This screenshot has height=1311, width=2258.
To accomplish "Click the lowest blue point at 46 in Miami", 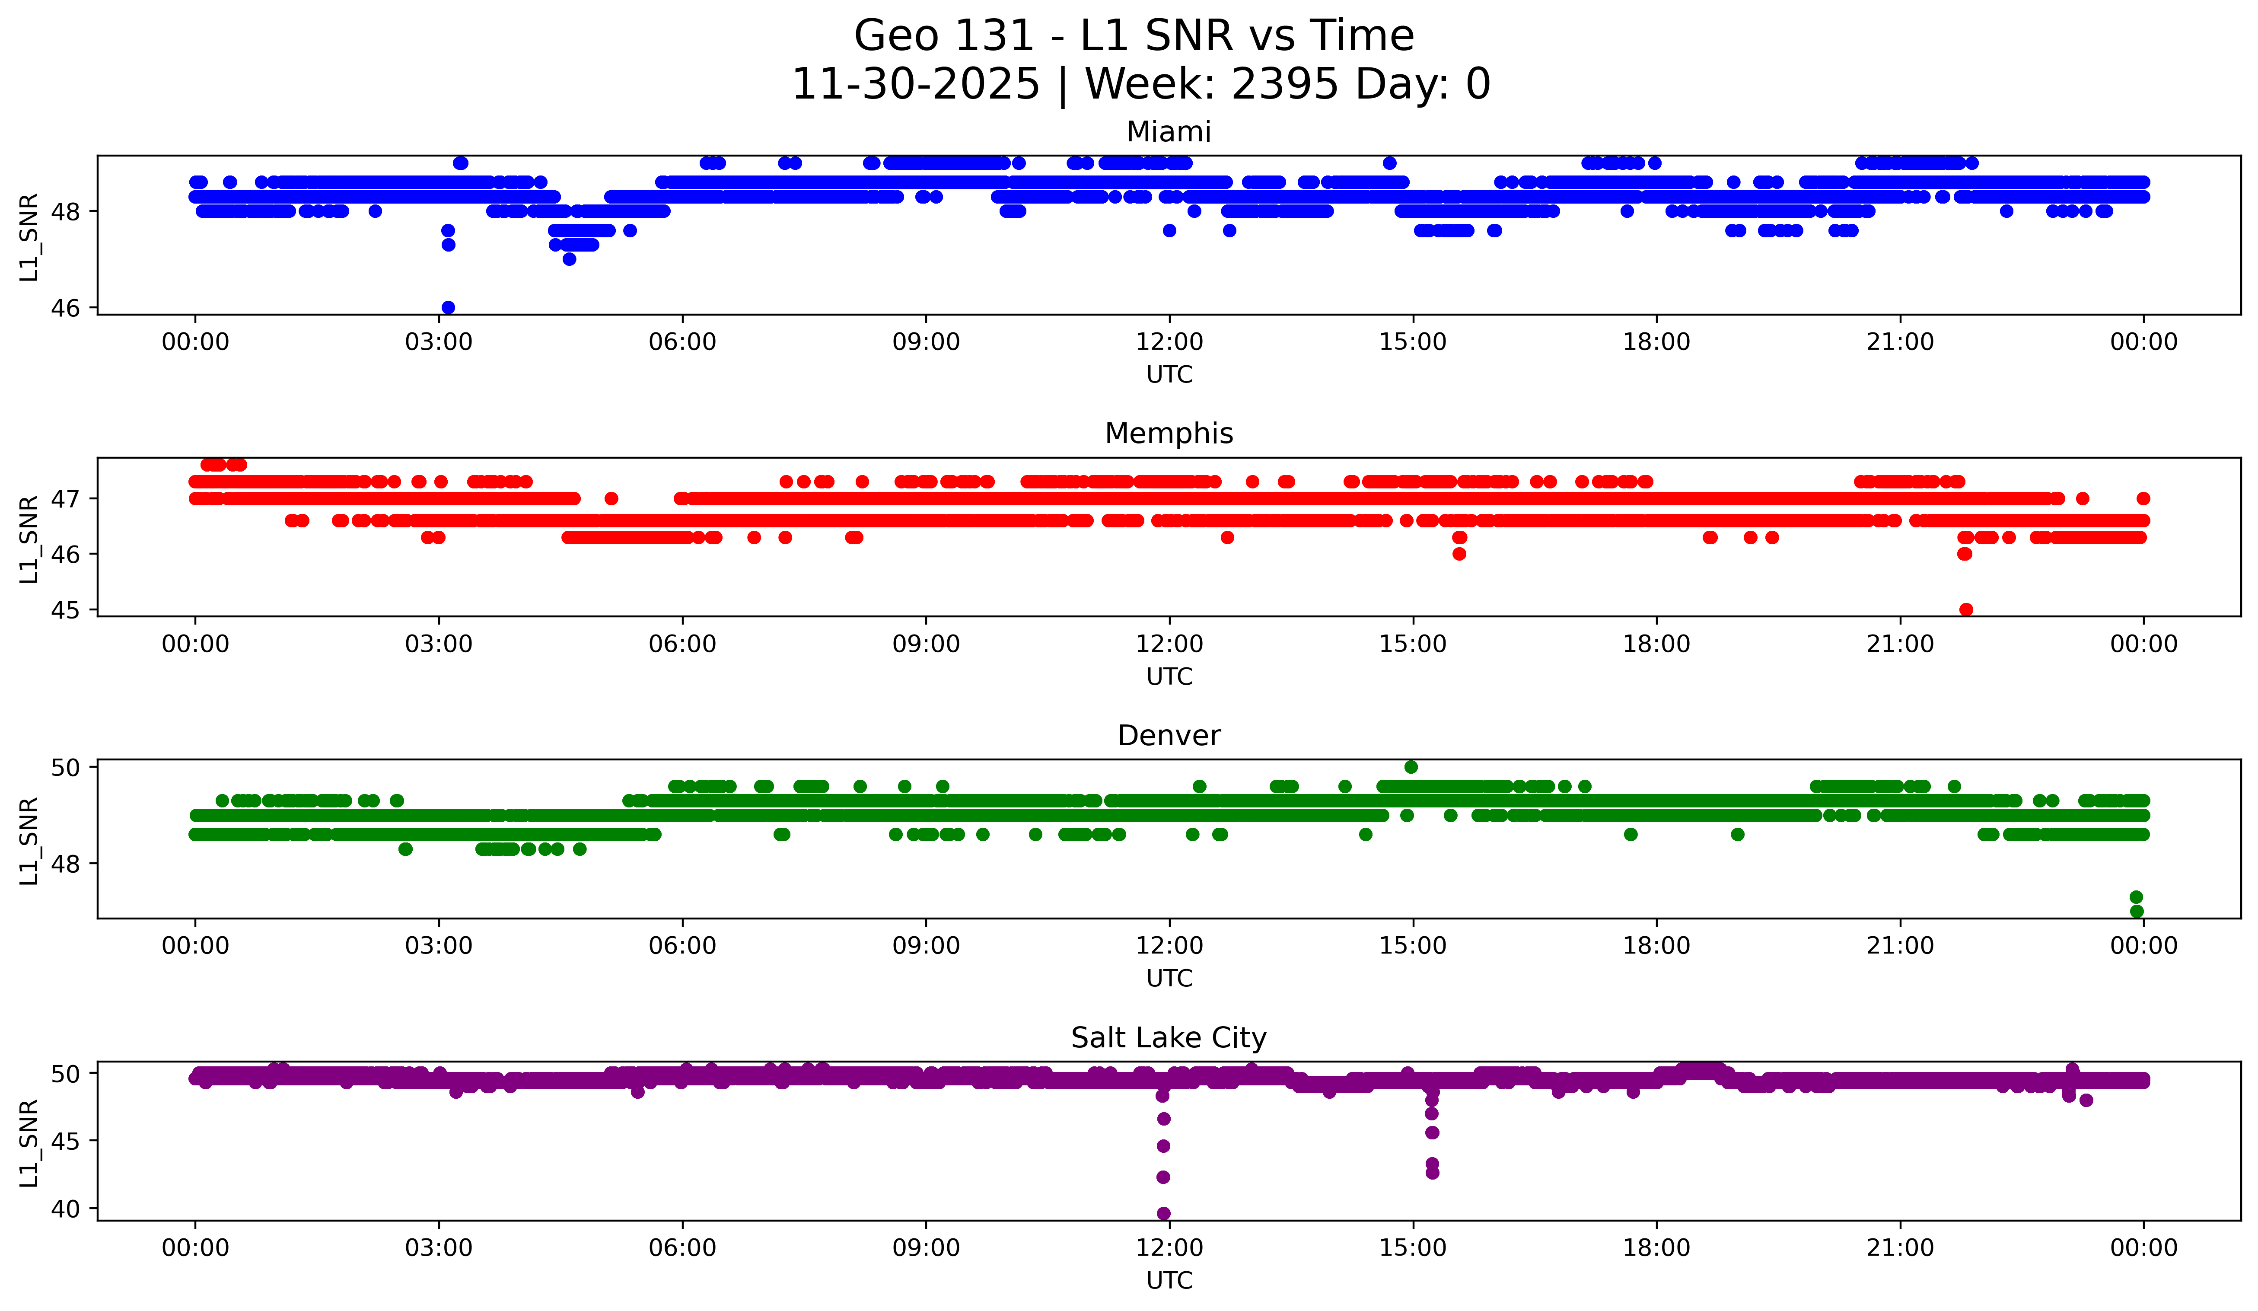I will pos(448,307).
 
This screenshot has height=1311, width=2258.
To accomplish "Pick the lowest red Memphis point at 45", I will pos(1966,609).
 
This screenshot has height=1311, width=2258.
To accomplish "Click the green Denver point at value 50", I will pos(1411,767).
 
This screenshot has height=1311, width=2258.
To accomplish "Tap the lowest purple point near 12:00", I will pos(1163,1213).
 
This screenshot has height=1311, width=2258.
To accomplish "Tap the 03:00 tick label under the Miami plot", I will pos(439,342).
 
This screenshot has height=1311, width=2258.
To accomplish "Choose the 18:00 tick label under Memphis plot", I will pos(1656,644).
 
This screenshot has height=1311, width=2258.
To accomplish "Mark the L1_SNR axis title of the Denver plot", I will pos(29,841).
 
